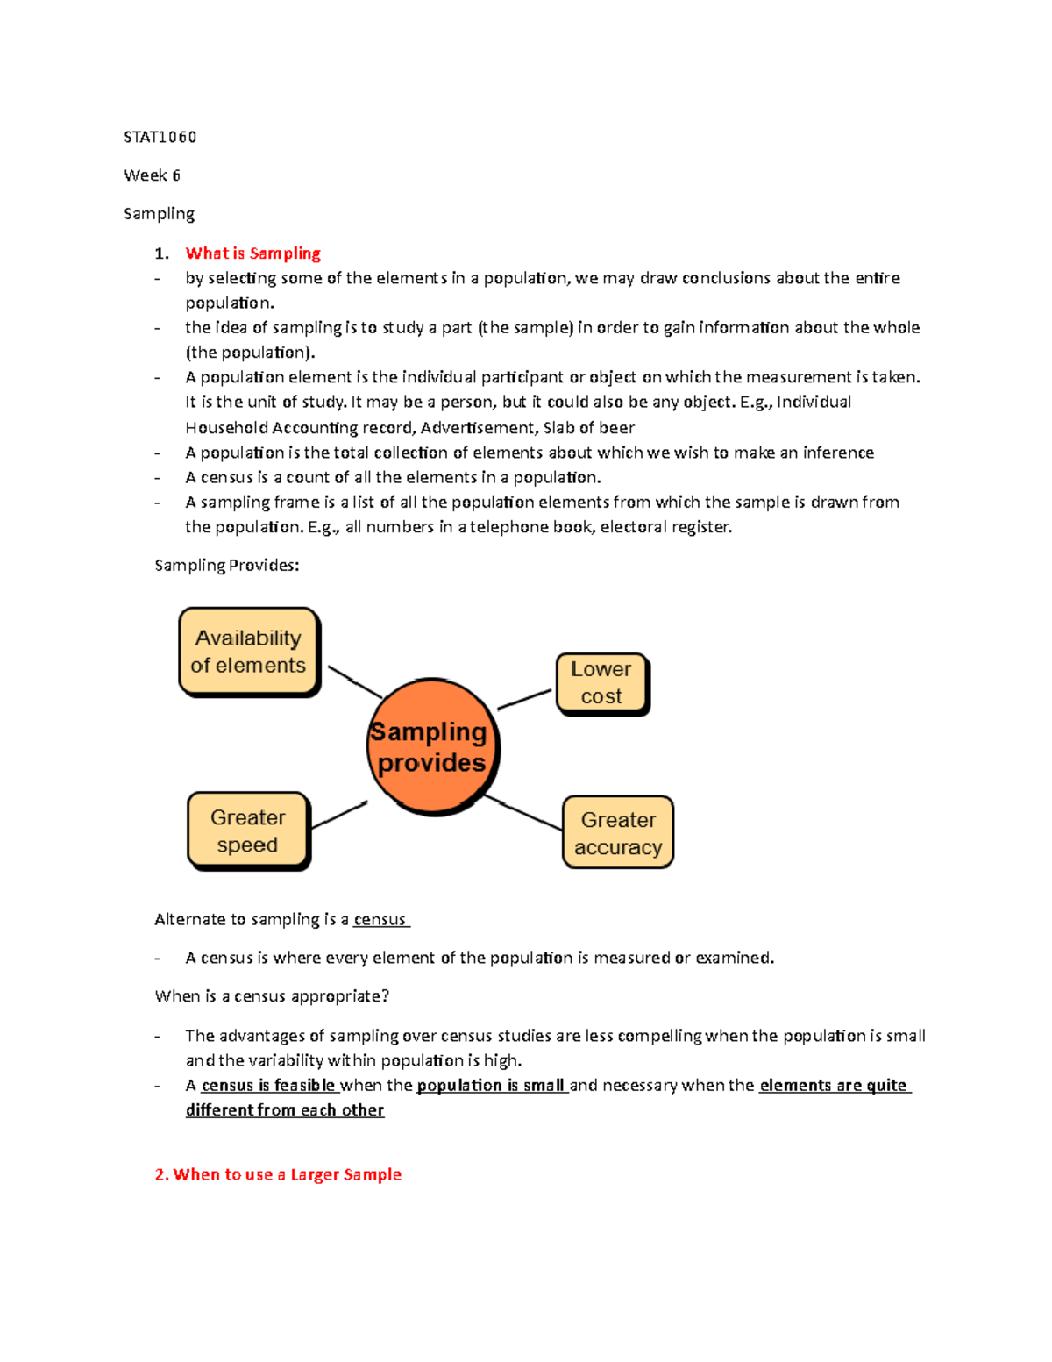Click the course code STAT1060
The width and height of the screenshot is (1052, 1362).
pyautogui.click(x=160, y=137)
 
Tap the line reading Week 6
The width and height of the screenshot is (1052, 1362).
pyautogui.click(x=152, y=175)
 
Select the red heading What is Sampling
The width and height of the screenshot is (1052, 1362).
pyautogui.click(x=252, y=253)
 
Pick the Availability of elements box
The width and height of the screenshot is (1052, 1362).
pyautogui.click(x=249, y=652)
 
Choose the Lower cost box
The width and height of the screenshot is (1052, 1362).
pyautogui.click(x=601, y=683)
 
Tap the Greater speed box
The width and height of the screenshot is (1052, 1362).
pyautogui.click(x=248, y=831)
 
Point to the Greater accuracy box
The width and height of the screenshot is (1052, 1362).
pyautogui.click(x=618, y=833)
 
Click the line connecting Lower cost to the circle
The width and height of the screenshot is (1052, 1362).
pyautogui.click(x=524, y=699)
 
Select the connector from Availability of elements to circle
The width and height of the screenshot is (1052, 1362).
pyautogui.click(x=355, y=681)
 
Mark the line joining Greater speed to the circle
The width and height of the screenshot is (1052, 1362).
pyautogui.click(x=339, y=815)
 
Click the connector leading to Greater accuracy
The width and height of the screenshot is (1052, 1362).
pyautogui.click(x=524, y=813)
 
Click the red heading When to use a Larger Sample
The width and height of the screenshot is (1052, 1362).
pyautogui.click(x=278, y=1174)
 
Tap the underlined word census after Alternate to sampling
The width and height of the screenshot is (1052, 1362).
pyautogui.click(x=380, y=919)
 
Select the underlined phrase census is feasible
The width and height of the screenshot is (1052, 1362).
pyautogui.click(x=268, y=1085)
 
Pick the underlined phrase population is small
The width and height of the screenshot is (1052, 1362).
pyautogui.click(x=491, y=1085)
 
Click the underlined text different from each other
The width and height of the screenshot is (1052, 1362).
pyautogui.click(x=285, y=1110)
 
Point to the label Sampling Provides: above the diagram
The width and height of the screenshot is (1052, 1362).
pyautogui.click(x=227, y=566)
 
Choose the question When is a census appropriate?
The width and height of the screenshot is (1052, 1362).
pyautogui.click(x=272, y=996)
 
